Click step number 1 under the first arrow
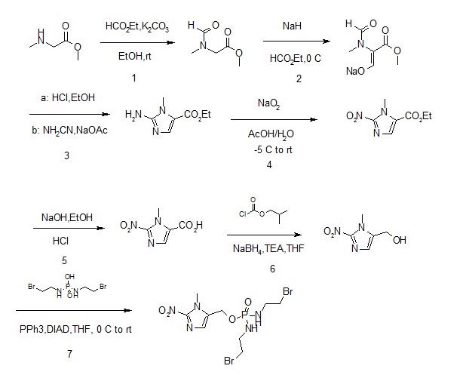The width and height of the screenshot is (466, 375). [133, 78]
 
